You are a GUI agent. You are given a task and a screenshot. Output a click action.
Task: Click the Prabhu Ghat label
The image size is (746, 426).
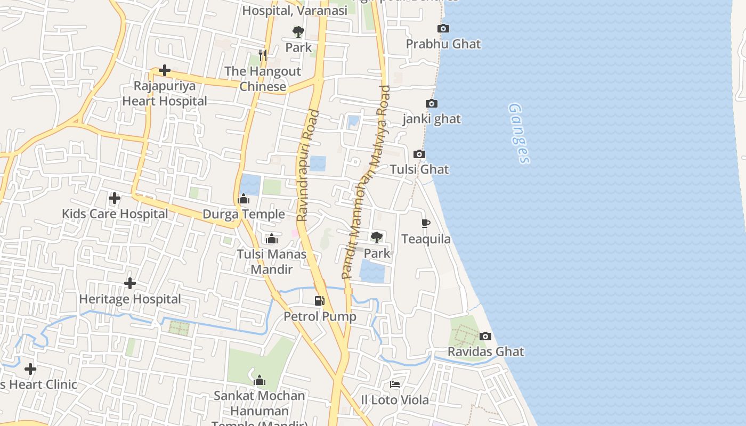[x=443, y=44]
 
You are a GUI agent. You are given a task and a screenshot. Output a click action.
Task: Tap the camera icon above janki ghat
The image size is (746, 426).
[x=432, y=103]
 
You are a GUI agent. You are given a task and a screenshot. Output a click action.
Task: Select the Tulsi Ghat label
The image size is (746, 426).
[x=419, y=169]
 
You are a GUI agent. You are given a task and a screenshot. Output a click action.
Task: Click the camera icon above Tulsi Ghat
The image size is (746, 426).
[x=419, y=154]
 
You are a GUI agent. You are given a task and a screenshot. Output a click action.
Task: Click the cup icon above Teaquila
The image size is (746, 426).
[x=426, y=223]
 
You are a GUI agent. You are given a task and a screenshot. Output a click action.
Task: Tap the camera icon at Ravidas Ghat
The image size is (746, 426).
[x=485, y=336]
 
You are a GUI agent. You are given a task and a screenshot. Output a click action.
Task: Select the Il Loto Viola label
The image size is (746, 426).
[x=395, y=400]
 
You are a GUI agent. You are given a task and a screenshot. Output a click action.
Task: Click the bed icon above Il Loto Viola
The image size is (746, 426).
[x=395, y=384]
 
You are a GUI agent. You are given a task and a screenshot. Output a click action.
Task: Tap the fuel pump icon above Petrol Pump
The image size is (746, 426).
[x=320, y=301]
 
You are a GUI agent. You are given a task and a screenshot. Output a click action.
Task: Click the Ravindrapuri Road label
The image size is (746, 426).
[x=308, y=165]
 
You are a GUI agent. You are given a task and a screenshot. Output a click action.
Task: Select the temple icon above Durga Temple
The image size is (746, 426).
[x=244, y=199]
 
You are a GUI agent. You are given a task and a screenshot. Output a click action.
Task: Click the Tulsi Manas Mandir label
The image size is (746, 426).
[x=272, y=261]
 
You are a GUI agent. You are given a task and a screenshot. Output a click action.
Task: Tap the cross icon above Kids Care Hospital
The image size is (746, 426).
[x=115, y=198]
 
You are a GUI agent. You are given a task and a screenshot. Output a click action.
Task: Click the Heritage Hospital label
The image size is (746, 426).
[x=130, y=299]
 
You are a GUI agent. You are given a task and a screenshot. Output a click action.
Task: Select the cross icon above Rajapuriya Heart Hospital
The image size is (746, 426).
[x=165, y=70]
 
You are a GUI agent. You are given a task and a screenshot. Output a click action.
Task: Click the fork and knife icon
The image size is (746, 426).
[x=262, y=55]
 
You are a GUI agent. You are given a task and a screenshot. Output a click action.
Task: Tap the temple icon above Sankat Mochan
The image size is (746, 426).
[x=260, y=380]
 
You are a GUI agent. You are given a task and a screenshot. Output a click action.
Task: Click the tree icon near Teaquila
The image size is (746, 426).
[x=377, y=237]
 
